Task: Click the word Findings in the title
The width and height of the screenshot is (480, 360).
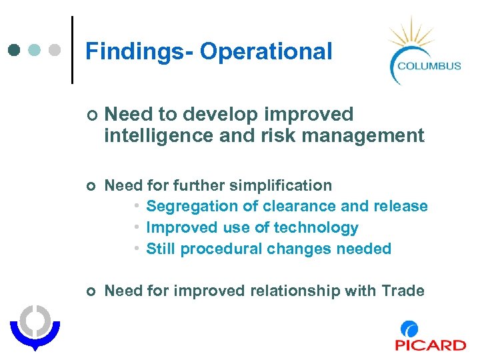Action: pos(135,51)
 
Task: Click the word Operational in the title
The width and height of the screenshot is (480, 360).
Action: pos(266,51)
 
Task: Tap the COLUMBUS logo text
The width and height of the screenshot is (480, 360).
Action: pos(429,65)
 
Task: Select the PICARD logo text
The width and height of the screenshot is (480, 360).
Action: pos(430,345)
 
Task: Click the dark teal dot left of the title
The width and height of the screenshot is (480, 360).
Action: pos(14,50)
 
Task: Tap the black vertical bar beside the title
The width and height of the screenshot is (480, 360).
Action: pos(72,49)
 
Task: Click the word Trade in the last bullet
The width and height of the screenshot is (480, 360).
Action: pos(403,291)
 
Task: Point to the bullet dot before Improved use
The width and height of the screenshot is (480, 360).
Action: pos(135,227)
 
